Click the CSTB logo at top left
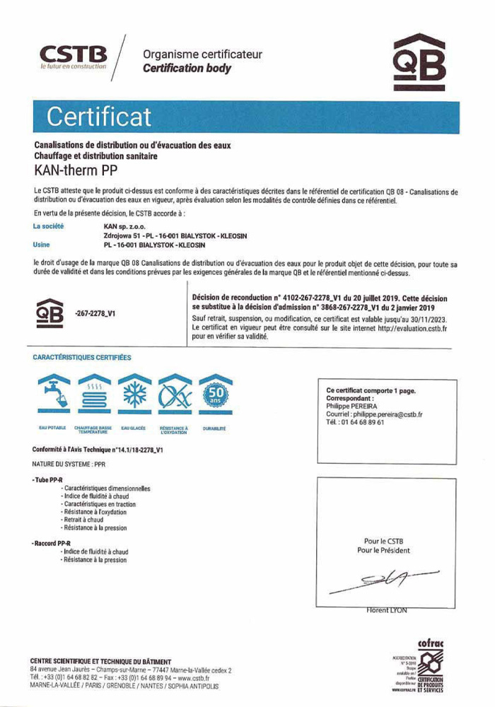[x=74, y=56]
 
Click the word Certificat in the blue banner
[x=99, y=116]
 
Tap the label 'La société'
[x=49, y=226]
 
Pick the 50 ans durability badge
[x=214, y=395]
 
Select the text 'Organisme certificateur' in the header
[x=202, y=54]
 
